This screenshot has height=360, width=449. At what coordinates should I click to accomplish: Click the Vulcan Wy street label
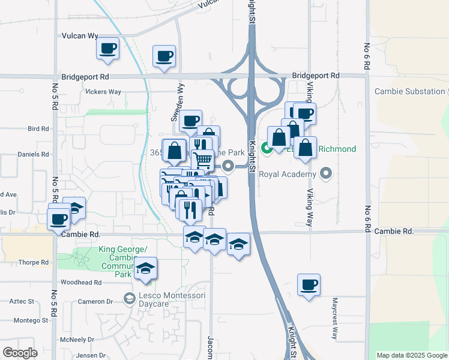coord(80,36)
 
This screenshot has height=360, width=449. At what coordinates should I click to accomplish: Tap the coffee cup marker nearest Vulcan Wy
coord(108,48)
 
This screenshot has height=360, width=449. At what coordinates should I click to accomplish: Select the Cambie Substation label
coord(408,92)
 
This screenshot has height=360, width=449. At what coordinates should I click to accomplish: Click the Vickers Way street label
coord(103,92)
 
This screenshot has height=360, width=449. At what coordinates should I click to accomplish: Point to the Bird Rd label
coord(37,129)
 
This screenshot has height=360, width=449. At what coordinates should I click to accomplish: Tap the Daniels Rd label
coord(32,154)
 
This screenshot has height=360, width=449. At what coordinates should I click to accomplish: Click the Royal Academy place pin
coord(326,175)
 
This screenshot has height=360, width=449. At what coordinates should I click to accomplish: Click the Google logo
coord(20,353)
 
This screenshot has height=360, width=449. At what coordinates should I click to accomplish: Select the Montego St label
coord(31,320)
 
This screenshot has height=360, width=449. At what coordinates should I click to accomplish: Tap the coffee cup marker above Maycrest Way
coord(309,285)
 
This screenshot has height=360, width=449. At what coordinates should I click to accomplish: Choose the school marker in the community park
coord(145,269)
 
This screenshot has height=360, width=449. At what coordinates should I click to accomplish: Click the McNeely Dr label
coord(79,339)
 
